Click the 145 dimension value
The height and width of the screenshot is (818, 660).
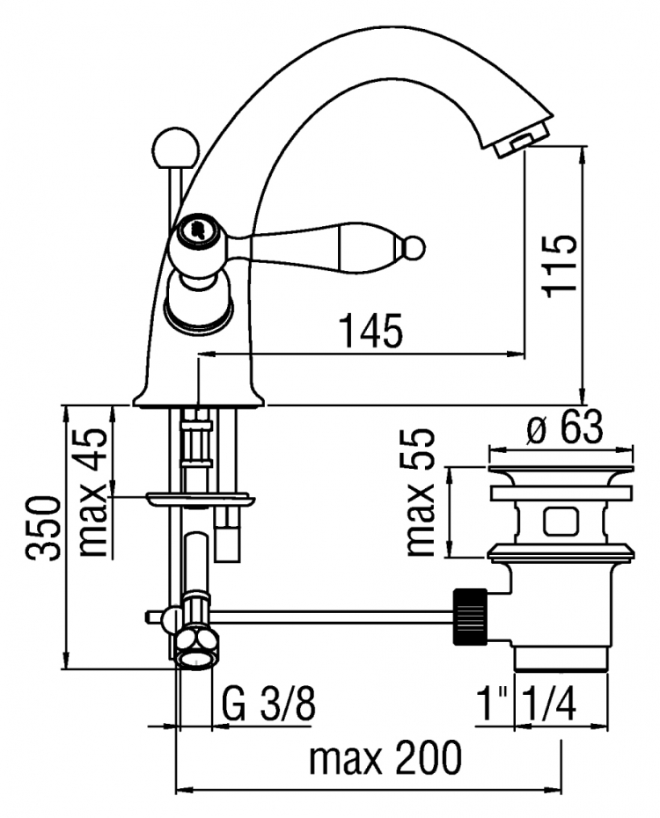pyautogui.click(x=371, y=331)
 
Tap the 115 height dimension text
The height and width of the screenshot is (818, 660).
pyautogui.click(x=560, y=266)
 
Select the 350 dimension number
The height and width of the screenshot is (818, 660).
pyautogui.click(x=45, y=529)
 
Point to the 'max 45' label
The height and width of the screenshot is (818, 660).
pyautogui.click(x=93, y=493)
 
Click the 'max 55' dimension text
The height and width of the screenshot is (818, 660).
pyautogui.click(x=420, y=493)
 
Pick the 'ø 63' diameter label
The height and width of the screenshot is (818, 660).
pyautogui.click(x=565, y=427)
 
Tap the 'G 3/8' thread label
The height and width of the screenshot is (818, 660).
pyautogui.click(x=268, y=705)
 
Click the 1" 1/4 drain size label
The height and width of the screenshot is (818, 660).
pyautogui.click(x=528, y=704)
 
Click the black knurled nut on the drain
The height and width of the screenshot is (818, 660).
pyautogui.click(x=471, y=617)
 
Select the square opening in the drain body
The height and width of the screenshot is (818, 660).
pyautogui.click(x=561, y=522)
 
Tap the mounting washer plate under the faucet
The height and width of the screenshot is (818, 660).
pyautogui.click(x=201, y=500)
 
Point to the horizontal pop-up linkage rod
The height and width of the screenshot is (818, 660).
pyautogui.click(x=334, y=617)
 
